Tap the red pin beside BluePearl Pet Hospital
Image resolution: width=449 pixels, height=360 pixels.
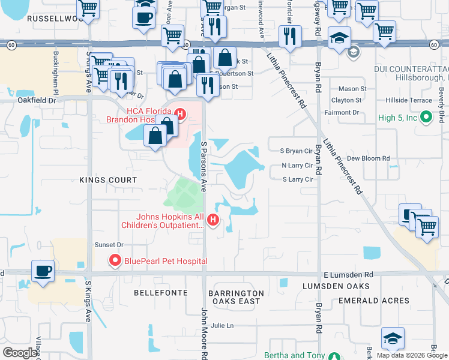(x=114, y=260)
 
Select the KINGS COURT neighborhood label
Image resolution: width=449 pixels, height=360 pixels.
(x=109, y=180)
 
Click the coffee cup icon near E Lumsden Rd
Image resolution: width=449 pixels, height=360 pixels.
(x=43, y=271)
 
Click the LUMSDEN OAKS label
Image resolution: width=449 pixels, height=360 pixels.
(x=330, y=286)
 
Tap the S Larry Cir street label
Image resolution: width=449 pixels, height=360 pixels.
(x=298, y=179)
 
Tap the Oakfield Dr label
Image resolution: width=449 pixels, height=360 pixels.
(x=36, y=100)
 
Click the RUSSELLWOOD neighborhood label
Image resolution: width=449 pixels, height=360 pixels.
(x=53, y=19)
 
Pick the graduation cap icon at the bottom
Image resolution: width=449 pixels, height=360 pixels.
(x=393, y=338)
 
